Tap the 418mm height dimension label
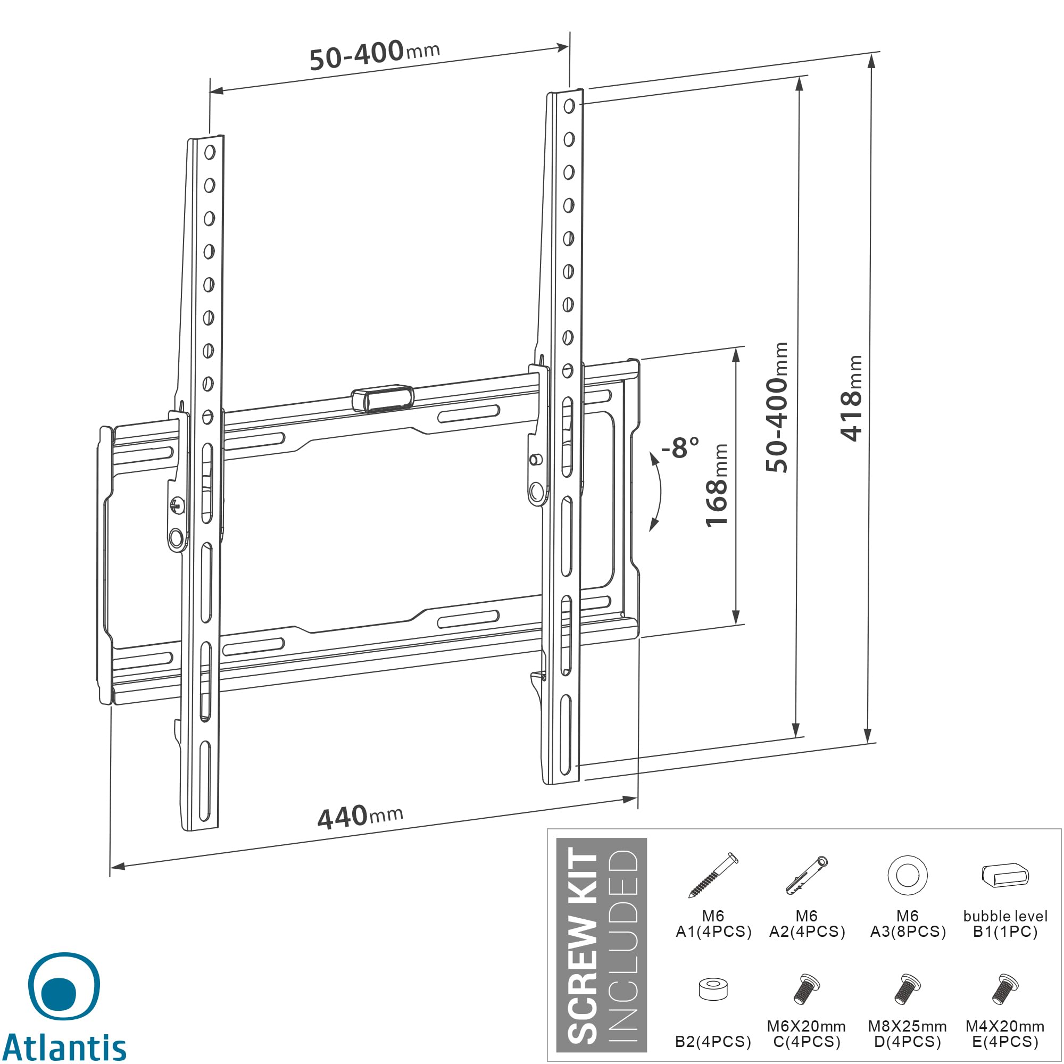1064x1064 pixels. click(x=851, y=397)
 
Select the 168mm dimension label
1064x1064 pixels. click(x=718, y=485)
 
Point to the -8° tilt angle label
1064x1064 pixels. click(x=681, y=447)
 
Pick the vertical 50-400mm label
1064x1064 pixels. click(x=777, y=407)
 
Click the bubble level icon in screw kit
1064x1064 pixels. click(x=1005, y=875)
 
